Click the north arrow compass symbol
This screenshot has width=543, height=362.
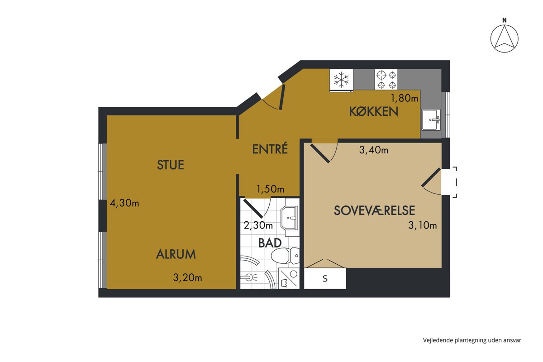(504, 38)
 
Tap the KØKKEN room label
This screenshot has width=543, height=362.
(374, 111)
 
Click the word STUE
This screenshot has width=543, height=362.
(171, 165)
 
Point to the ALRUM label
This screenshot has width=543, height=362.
(176, 254)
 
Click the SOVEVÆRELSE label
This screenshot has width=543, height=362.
(374, 210)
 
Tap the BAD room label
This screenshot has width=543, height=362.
(270, 243)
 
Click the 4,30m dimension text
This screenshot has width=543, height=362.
(124, 203)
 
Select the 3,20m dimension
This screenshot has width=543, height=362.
(188, 278)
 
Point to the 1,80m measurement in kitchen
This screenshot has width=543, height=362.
(405, 98)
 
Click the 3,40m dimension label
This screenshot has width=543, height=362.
(374, 150)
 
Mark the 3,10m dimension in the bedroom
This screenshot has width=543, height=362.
(423, 225)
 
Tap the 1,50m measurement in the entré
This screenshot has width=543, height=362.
(270, 189)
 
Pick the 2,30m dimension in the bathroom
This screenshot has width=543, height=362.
(258, 226)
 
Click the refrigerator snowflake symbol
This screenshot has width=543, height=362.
(341, 80)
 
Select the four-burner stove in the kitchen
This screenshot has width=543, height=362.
(386, 79)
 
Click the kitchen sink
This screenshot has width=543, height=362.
(431, 120)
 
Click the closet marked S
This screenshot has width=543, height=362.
(325, 278)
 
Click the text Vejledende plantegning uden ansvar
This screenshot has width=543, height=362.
(472, 340)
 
